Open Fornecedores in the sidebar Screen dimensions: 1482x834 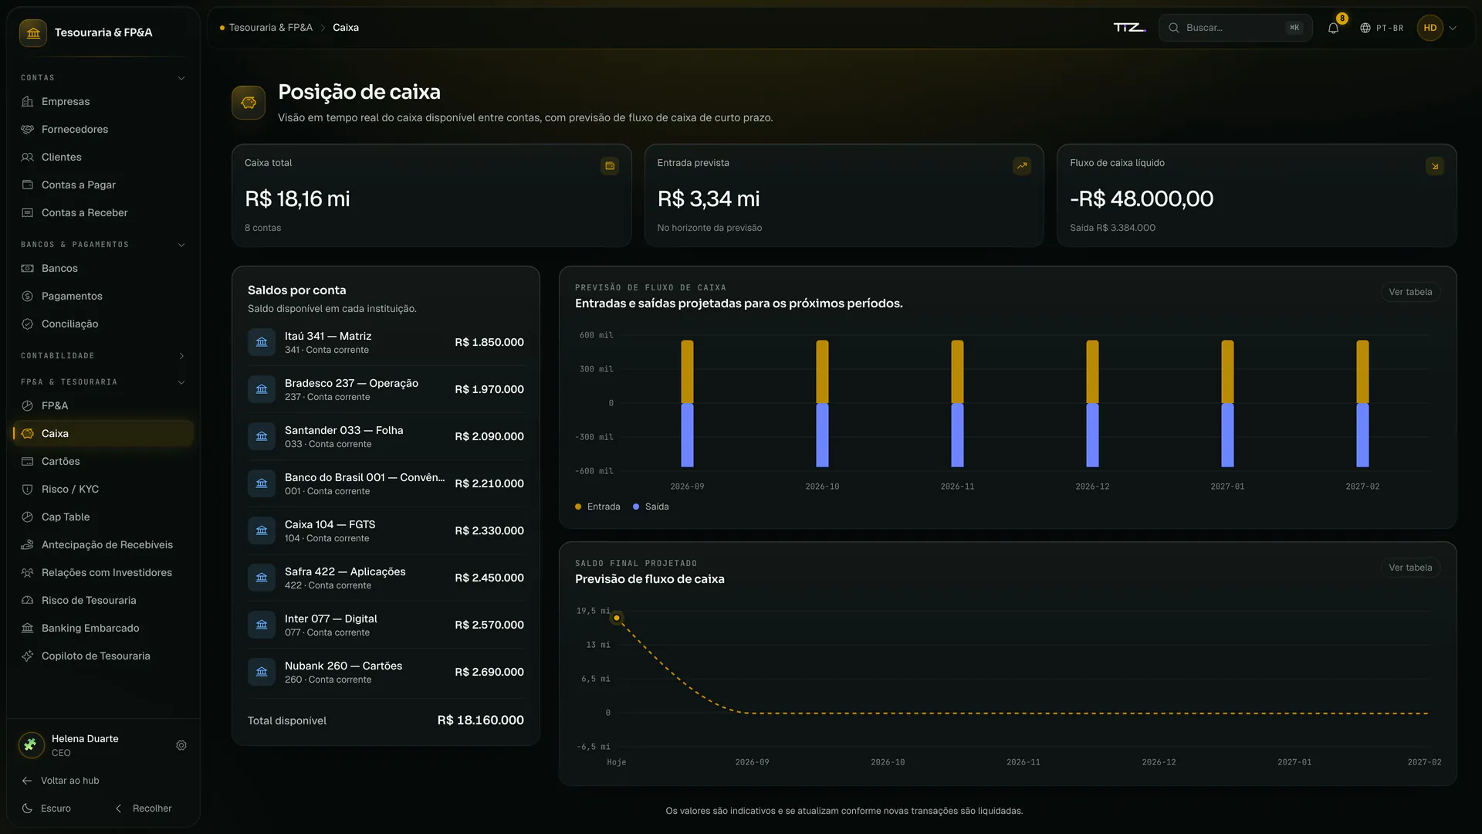tap(75, 129)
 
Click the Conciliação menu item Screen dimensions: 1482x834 tap(69, 324)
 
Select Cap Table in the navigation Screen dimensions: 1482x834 tap(66, 517)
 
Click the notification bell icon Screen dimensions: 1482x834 tap(1333, 28)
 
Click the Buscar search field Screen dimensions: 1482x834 tap(1235, 28)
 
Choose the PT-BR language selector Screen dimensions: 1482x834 tap(1382, 28)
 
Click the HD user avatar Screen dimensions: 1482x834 tap(1430, 28)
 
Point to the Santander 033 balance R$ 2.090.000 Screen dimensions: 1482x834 tap(489, 436)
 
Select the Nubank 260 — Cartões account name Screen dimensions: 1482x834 tap(343, 666)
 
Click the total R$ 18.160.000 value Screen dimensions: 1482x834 tap(481, 720)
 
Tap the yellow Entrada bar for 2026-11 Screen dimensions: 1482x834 tap(957, 371)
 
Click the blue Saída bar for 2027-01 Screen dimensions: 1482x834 tap(1227, 435)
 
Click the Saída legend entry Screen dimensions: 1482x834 tap(651, 507)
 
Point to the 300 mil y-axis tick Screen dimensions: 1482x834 tap(597, 369)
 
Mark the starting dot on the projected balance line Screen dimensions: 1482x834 tap(617, 618)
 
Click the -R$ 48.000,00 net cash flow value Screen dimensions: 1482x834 tap(1142, 198)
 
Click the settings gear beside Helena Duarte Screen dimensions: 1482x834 tap(181, 745)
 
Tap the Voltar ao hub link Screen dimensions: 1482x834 tap(60, 781)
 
